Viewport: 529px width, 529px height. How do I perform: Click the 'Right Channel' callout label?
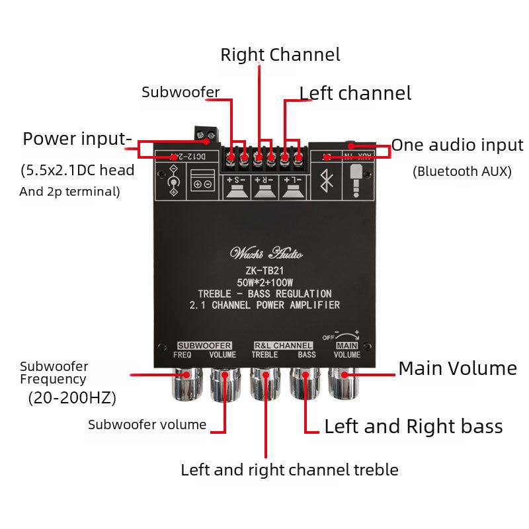(280, 54)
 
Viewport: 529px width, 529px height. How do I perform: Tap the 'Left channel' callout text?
(355, 93)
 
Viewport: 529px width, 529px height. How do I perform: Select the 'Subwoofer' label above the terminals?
(181, 92)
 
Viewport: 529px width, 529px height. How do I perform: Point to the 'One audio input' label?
(457, 145)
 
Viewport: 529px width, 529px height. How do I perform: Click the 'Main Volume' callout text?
(457, 368)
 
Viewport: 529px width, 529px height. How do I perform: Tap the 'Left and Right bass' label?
(413, 427)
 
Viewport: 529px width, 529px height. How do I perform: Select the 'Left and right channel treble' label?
(290, 470)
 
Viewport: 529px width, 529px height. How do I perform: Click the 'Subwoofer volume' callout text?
(147, 425)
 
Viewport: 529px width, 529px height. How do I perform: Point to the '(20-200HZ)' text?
(72, 398)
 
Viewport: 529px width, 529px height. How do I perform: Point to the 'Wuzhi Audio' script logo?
(266, 253)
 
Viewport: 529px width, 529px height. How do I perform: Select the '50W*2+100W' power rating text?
(265, 282)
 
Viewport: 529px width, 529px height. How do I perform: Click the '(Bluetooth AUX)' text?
(462, 172)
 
